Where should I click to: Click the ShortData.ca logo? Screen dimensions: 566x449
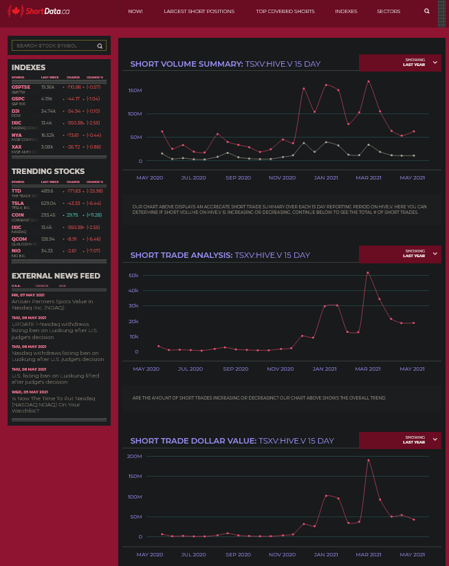[39, 12]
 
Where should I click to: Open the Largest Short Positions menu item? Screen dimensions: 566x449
[199, 12]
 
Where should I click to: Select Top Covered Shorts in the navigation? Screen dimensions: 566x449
[285, 12]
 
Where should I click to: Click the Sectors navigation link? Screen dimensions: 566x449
[388, 12]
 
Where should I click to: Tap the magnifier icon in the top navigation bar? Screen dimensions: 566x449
[427, 12]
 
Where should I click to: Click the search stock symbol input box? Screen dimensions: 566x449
[54, 45]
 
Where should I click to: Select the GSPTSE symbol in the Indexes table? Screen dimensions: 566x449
[21, 87]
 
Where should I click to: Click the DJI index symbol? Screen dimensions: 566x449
[16, 111]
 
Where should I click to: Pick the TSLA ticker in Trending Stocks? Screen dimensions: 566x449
[18, 203]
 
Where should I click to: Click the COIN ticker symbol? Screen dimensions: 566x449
[18, 215]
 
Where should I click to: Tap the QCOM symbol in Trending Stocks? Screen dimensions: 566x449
[19, 239]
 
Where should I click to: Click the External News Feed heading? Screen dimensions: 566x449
[56, 276]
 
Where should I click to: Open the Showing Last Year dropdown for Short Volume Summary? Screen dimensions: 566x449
[399, 63]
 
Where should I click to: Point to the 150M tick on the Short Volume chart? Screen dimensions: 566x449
[135, 90]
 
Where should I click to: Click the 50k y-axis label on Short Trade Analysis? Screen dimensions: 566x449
[133, 274]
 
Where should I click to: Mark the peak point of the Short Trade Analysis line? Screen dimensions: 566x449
[368, 272]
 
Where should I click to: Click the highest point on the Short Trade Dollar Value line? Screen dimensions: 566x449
[369, 460]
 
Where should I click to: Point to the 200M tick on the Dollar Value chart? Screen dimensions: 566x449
[135, 456]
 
